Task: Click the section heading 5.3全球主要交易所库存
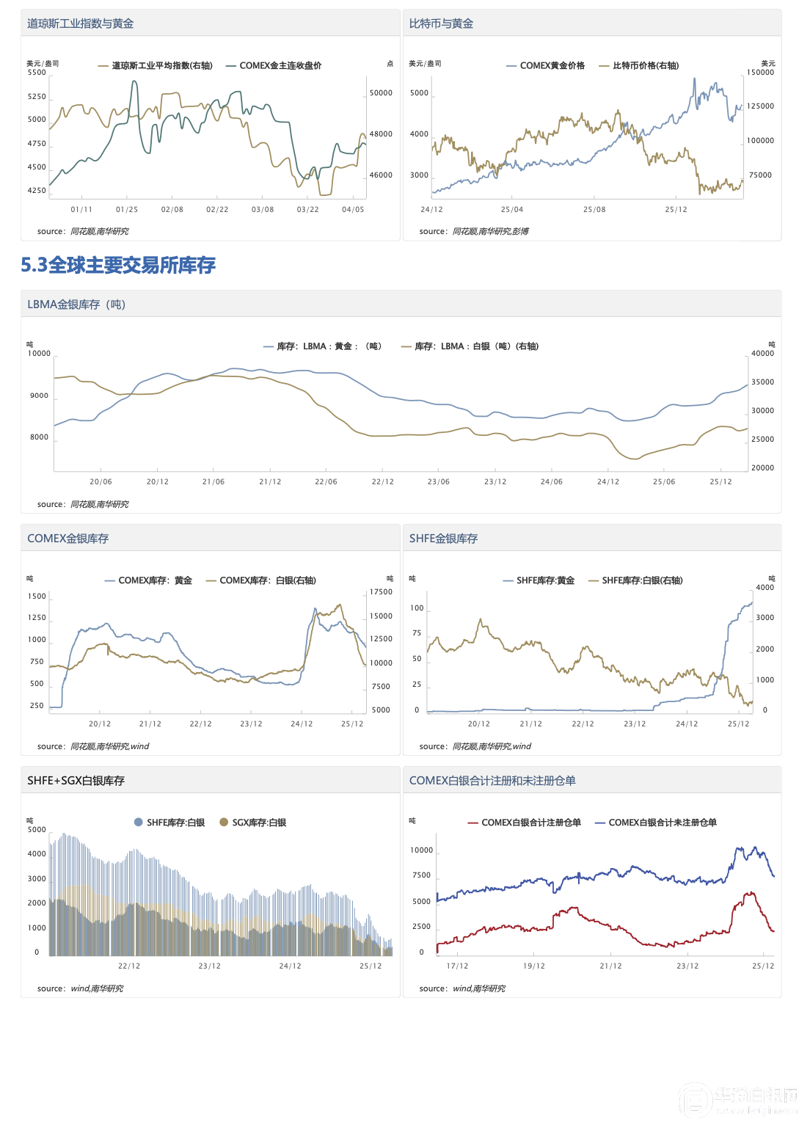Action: (118, 265)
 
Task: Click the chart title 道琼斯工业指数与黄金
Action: (80, 23)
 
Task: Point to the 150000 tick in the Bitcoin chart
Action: (760, 73)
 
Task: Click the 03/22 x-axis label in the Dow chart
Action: (307, 210)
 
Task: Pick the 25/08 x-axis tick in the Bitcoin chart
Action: (594, 210)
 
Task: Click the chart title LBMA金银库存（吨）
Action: (76, 305)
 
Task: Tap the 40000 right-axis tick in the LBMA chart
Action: (762, 354)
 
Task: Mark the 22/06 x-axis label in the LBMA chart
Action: (326, 482)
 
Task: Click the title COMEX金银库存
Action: (67, 539)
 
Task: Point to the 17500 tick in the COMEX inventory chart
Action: (381, 592)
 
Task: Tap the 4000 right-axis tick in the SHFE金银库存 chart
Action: (765, 588)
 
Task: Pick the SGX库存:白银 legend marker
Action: (224, 823)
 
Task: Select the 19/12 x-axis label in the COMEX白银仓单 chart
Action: (534, 966)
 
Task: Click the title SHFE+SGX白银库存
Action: (76, 781)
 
